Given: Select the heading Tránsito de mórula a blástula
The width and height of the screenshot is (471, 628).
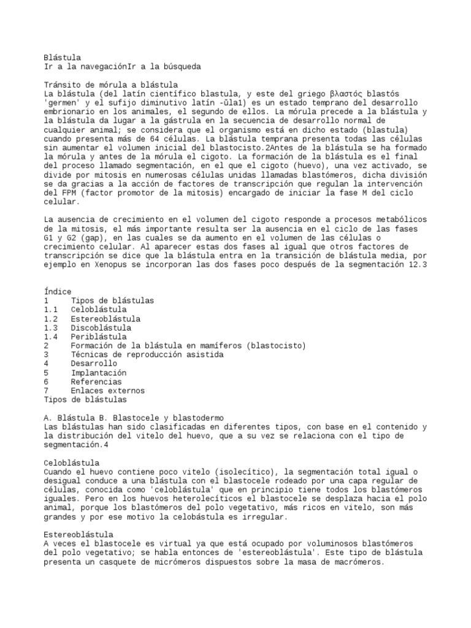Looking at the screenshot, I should tap(111, 84).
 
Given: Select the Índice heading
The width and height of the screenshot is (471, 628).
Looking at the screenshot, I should tap(58, 292).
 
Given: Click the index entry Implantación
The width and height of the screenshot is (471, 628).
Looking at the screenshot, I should tap(99, 372).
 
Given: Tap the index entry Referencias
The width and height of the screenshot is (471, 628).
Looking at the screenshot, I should tap(96, 381).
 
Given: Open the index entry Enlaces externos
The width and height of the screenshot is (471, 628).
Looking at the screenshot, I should tap(108, 391).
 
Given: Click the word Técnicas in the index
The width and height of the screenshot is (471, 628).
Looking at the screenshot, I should tap(91, 354).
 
